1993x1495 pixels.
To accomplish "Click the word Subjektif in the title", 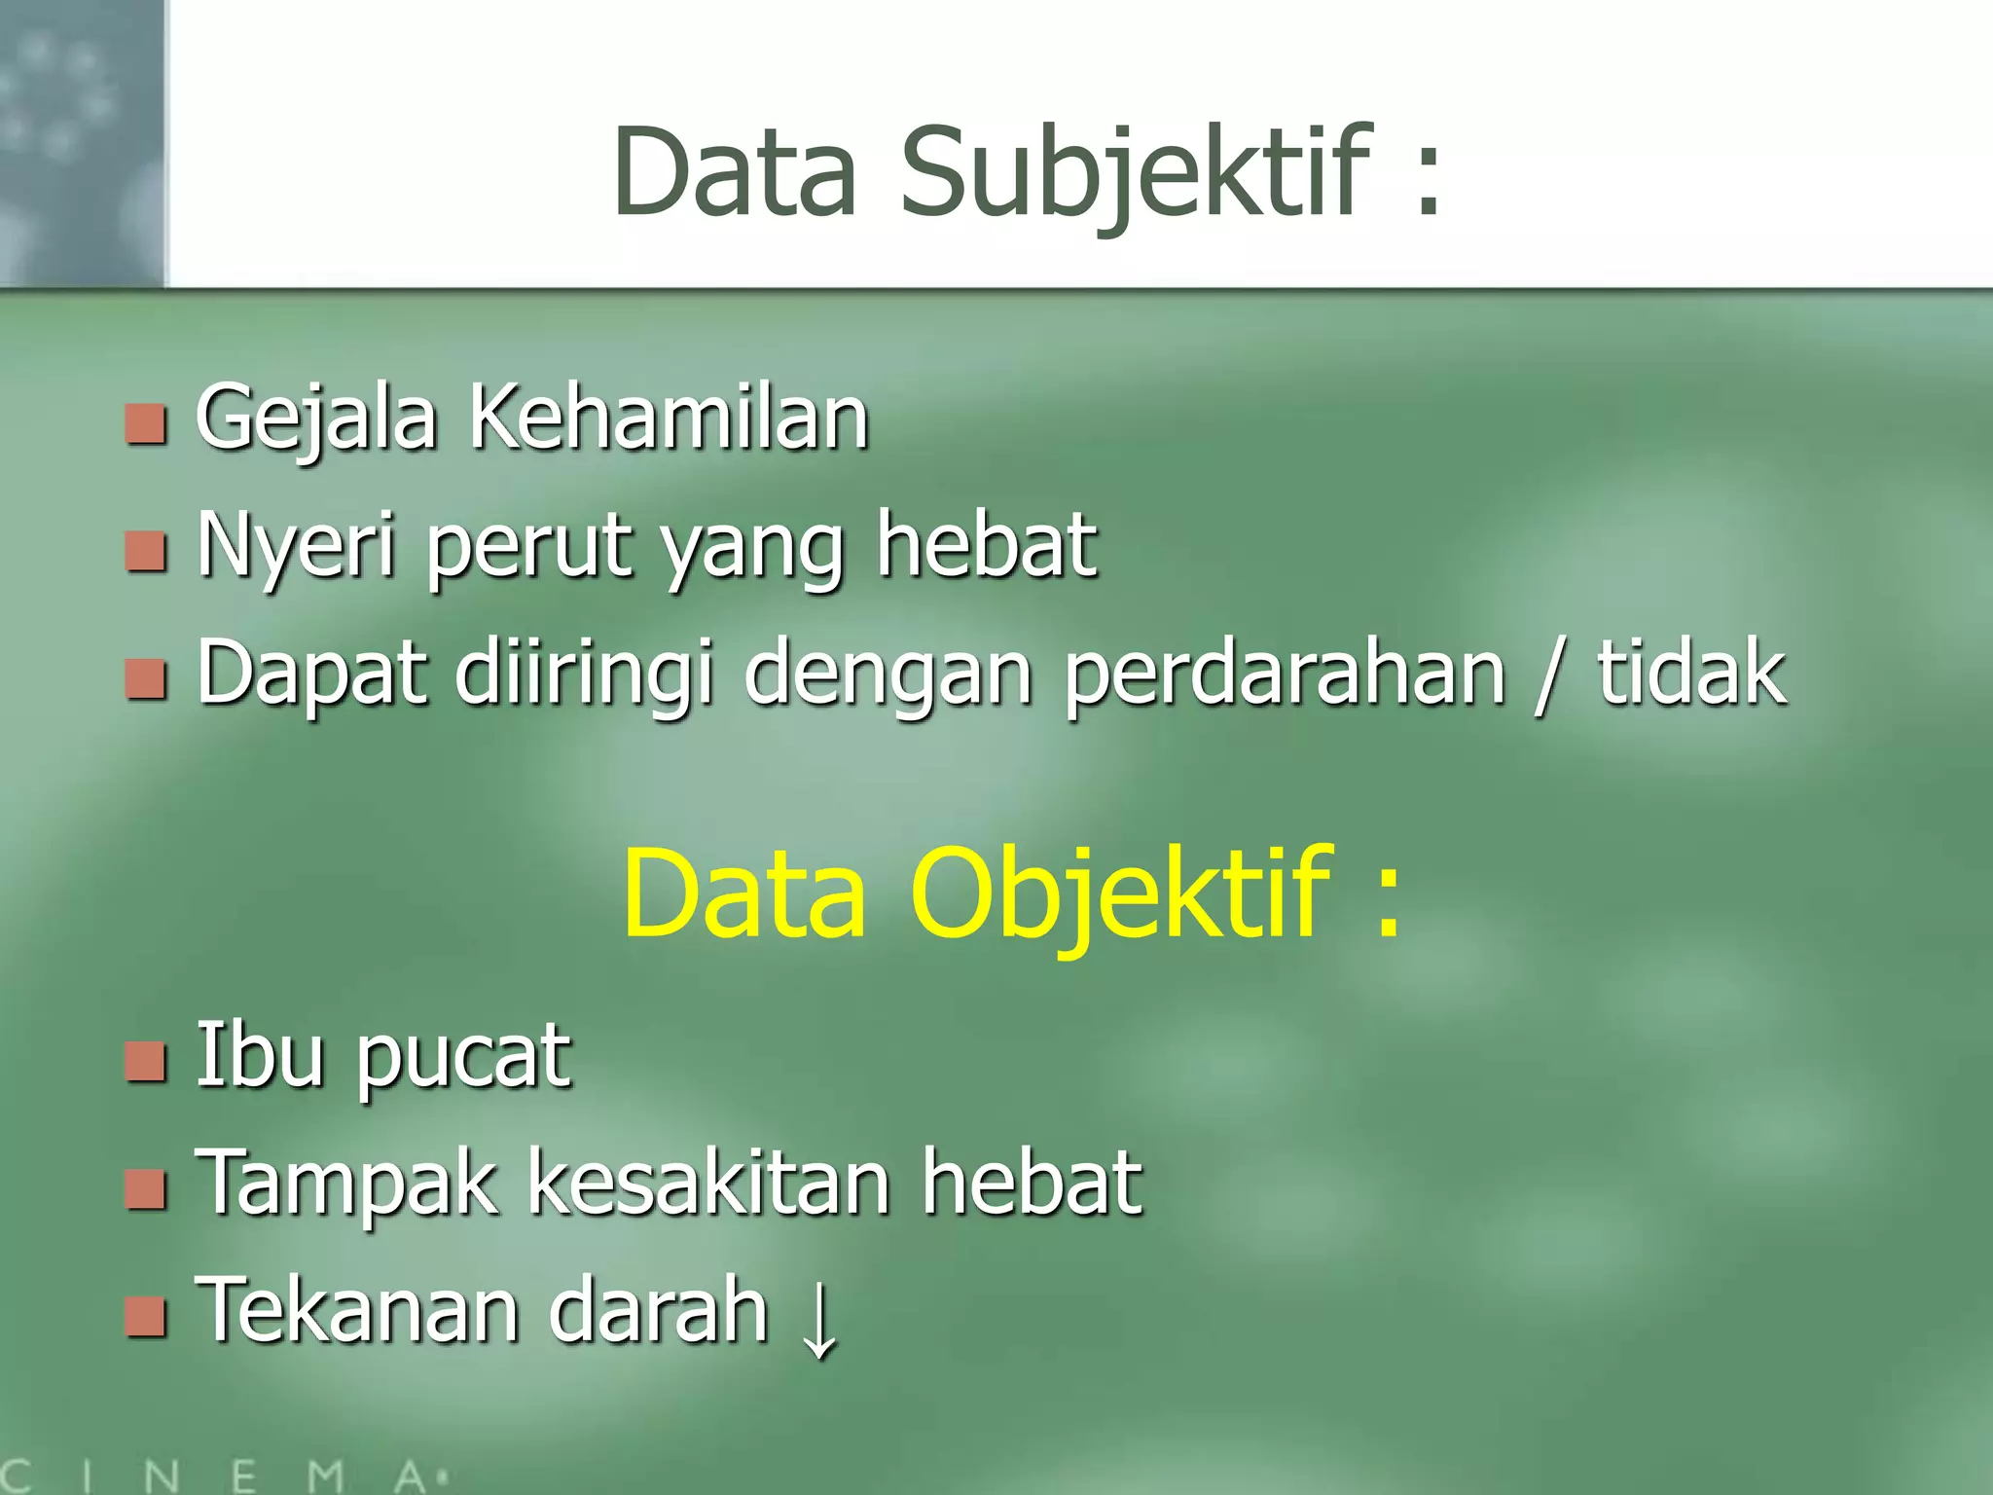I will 1135,173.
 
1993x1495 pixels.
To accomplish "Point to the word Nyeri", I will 296,547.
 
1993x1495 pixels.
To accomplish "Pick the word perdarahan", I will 1285,674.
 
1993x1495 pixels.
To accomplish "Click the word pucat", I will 463,1058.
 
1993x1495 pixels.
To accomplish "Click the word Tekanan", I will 356,1311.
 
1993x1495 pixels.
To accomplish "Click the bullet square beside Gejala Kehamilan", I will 146,424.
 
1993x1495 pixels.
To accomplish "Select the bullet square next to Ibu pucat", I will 146,1062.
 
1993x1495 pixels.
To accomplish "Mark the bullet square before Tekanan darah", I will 146,1317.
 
